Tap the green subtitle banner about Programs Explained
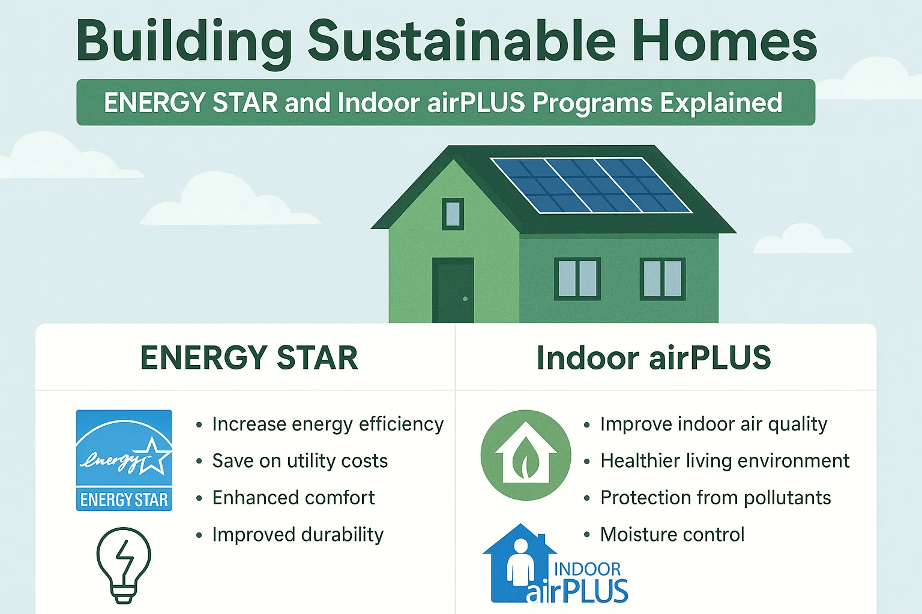pos(445,103)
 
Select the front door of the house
pos(453,290)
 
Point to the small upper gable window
pos(453,214)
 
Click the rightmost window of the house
pos(662,279)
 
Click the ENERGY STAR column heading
pos(249,358)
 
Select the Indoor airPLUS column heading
pos(653,358)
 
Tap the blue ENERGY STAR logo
pos(124,460)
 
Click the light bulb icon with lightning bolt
pos(124,565)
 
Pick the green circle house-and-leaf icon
pos(526,455)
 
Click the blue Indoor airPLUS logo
pos(555,567)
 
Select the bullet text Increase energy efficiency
pos(327,425)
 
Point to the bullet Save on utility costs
pos(300,461)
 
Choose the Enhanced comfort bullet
pos(293,498)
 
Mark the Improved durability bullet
pos(297,535)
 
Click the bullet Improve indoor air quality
pos(713,425)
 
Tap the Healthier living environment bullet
pos(725,461)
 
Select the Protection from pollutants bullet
pos(715,498)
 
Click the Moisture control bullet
pos(672,535)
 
